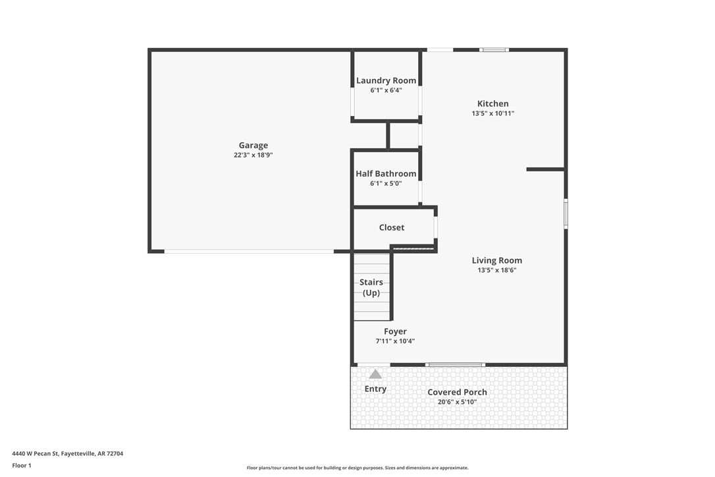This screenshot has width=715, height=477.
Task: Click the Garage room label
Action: click(253, 146)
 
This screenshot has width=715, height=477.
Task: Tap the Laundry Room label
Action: click(386, 80)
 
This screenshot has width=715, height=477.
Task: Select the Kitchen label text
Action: click(492, 103)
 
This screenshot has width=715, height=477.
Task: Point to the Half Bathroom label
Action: click(386, 174)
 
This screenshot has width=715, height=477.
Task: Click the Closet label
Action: click(392, 227)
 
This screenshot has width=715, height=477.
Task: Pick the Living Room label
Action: click(496, 260)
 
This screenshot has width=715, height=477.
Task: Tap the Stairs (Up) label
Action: click(371, 287)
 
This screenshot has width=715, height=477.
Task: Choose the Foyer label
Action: click(395, 331)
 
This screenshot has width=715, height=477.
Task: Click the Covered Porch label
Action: click(457, 392)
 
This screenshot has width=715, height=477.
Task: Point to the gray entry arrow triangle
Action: click(375, 374)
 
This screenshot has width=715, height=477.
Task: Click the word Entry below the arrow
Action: click(375, 389)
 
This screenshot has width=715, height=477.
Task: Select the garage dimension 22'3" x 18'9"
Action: click(253, 155)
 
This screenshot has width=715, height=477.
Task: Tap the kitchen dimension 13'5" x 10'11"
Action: click(492, 113)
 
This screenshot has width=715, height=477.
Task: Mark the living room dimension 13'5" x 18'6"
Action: click(496, 270)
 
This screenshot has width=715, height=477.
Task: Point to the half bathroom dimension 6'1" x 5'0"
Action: click(386, 184)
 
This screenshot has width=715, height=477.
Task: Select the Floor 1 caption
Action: click(22, 465)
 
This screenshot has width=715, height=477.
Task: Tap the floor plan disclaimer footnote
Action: click(357, 468)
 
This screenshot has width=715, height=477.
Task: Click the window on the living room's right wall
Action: click(566, 214)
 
